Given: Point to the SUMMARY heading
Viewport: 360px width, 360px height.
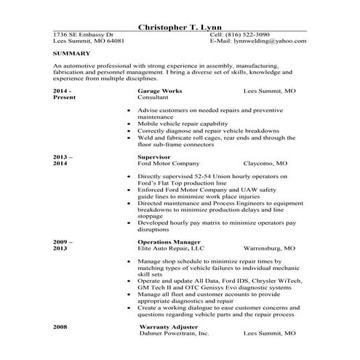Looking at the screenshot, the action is point(71,53).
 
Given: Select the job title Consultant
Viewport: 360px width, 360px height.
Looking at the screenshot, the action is point(153,97).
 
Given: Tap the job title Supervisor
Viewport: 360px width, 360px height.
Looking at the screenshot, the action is point(155,156).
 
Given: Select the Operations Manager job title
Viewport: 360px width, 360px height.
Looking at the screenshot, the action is point(169,241).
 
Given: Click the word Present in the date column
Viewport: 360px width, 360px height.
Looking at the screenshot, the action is point(64,97).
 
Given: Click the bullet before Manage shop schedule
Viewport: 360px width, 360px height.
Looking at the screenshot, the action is point(129,260).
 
